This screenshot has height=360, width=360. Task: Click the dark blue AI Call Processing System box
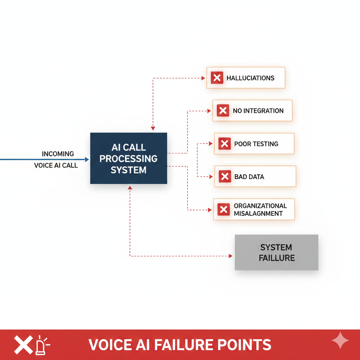pyautogui.click(x=128, y=158)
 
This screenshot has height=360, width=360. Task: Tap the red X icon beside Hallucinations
pyautogui.click(x=217, y=78)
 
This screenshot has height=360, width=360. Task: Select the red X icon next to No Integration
pyautogui.click(x=223, y=111)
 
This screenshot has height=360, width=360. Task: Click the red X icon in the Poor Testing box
pyautogui.click(x=224, y=144)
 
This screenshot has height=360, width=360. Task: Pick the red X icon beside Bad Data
pyautogui.click(x=225, y=176)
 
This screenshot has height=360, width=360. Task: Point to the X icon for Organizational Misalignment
pyautogui.click(x=224, y=210)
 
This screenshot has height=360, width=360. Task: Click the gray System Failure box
pyautogui.click(x=276, y=252)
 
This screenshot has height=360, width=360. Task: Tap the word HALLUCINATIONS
pyautogui.click(x=250, y=78)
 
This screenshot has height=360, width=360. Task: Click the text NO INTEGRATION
pyautogui.click(x=258, y=111)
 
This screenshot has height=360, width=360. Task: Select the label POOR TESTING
pyautogui.click(x=256, y=144)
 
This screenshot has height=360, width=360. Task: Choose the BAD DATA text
pyautogui.click(x=249, y=176)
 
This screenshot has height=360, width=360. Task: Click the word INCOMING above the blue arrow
pyautogui.click(x=58, y=154)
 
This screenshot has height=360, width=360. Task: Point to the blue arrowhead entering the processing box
pyautogui.click(x=87, y=160)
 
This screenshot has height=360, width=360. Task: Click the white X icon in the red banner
pyautogui.click(x=23, y=345)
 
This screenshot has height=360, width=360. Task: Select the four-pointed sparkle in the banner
pyautogui.click(x=340, y=341)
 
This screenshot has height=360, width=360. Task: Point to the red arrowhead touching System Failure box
pyautogui.click(x=231, y=256)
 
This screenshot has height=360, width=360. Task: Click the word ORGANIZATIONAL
pyautogui.click(x=260, y=206)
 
